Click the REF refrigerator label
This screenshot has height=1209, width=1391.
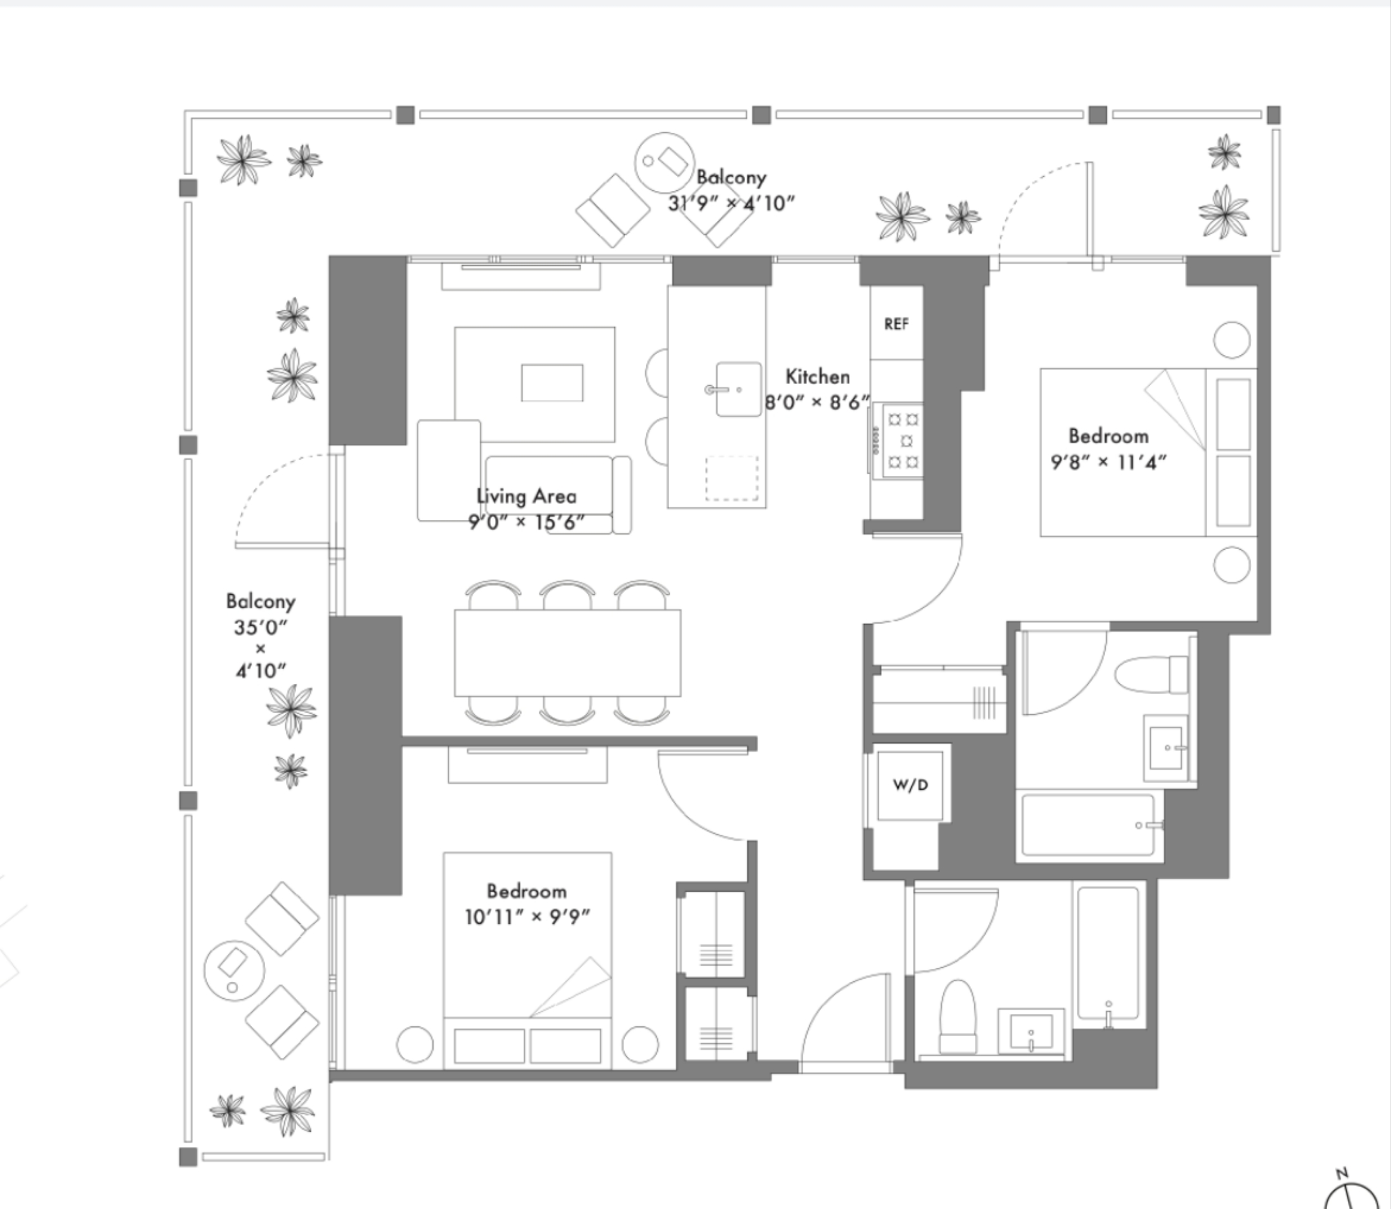[x=896, y=325]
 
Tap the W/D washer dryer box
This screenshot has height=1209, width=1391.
[x=910, y=785]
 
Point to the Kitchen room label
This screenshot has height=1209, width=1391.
[x=817, y=377]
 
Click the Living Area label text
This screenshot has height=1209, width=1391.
[x=527, y=497]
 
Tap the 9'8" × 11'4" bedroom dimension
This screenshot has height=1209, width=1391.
[x=1109, y=463]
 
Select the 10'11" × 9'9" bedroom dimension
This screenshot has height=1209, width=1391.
[x=528, y=917]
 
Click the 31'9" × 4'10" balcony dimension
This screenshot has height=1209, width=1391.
[x=732, y=203]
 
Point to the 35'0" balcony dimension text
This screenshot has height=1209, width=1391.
[x=261, y=628]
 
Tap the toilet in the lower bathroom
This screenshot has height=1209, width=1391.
[x=958, y=1016]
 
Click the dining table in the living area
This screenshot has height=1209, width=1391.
[x=567, y=652]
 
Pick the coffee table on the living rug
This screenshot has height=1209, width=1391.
[x=552, y=383]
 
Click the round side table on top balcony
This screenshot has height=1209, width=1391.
[x=665, y=162]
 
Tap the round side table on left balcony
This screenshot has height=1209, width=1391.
[x=235, y=971]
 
